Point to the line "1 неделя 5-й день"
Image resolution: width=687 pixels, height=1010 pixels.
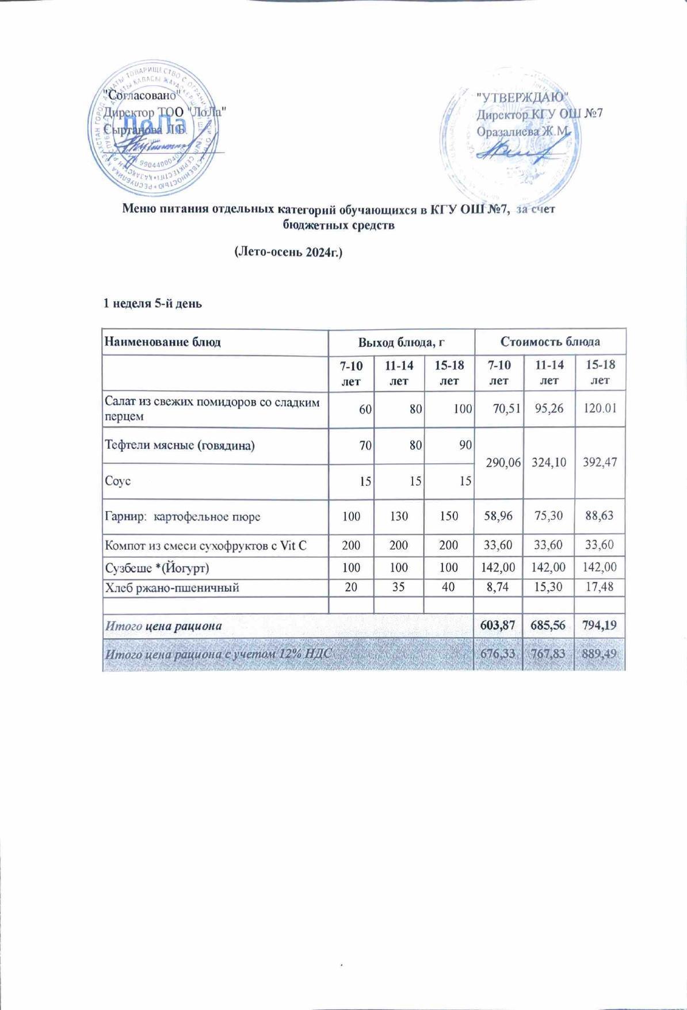click(x=152, y=303)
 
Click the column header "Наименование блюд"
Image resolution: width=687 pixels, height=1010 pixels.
click(x=162, y=342)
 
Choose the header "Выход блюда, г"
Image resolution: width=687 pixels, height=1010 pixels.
click(x=402, y=342)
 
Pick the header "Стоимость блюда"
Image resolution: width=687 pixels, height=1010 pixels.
click(x=550, y=342)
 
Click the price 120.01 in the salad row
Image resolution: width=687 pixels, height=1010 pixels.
click(x=600, y=409)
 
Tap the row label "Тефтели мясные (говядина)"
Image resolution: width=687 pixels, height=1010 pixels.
click(x=179, y=445)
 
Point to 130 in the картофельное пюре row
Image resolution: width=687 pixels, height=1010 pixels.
click(x=399, y=516)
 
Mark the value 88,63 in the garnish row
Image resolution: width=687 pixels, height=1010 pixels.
click(x=600, y=516)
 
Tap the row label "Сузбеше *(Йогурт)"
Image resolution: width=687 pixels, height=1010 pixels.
click(x=156, y=568)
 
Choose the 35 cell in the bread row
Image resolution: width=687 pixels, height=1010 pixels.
click(x=399, y=588)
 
